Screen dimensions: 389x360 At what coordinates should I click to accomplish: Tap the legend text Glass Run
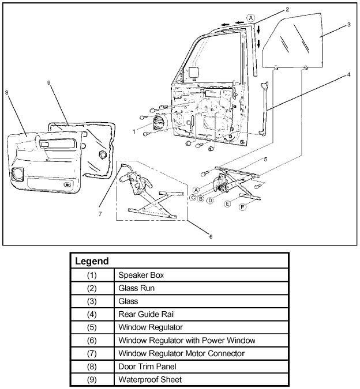pyautogui.click(x=136, y=288)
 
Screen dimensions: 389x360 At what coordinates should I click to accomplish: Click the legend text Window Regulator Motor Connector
pyautogui.click(x=181, y=353)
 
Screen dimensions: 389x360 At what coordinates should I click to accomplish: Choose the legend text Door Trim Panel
pyautogui.click(x=143, y=367)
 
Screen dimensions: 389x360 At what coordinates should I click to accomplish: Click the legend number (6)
pyautogui.click(x=92, y=340)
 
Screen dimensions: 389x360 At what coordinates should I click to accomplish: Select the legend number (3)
pyautogui.click(x=92, y=301)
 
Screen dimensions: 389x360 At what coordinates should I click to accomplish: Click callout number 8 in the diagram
pyautogui.click(x=6, y=92)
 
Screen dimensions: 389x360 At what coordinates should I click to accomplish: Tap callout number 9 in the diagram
pyautogui.click(x=50, y=83)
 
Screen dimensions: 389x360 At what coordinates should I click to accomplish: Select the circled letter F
pyautogui.click(x=243, y=207)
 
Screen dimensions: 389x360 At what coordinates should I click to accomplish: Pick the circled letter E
pyautogui.click(x=228, y=203)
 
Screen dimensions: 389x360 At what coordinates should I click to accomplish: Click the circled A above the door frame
pyautogui.click(x=250, y=18)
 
